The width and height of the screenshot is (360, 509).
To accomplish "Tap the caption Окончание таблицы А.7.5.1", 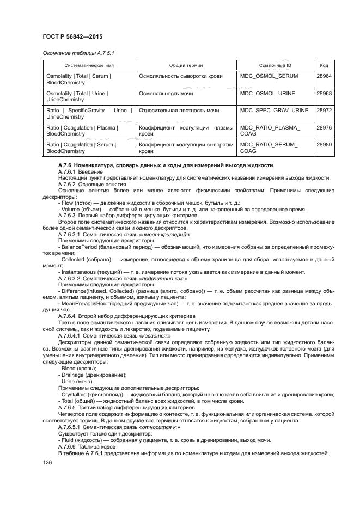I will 78,52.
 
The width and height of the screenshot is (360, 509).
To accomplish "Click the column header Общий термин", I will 186,65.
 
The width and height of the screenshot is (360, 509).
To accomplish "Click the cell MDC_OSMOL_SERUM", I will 269,76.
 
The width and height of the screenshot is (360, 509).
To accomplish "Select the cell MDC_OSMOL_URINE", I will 267,93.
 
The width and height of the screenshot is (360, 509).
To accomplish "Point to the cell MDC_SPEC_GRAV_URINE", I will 274,110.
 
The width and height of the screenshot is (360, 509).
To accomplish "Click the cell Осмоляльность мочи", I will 166,93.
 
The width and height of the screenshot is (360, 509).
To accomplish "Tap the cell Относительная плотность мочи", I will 179,110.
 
